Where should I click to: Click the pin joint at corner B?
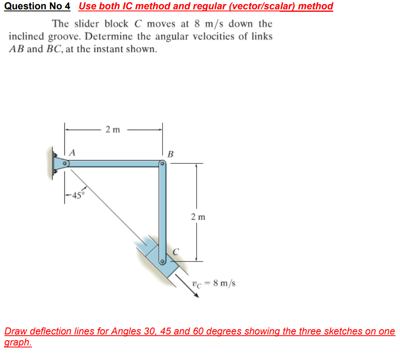162,164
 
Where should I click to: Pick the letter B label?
170,154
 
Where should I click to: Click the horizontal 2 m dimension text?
113,130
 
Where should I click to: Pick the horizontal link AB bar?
113,163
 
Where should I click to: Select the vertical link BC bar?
162,211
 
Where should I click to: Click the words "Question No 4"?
37,6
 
